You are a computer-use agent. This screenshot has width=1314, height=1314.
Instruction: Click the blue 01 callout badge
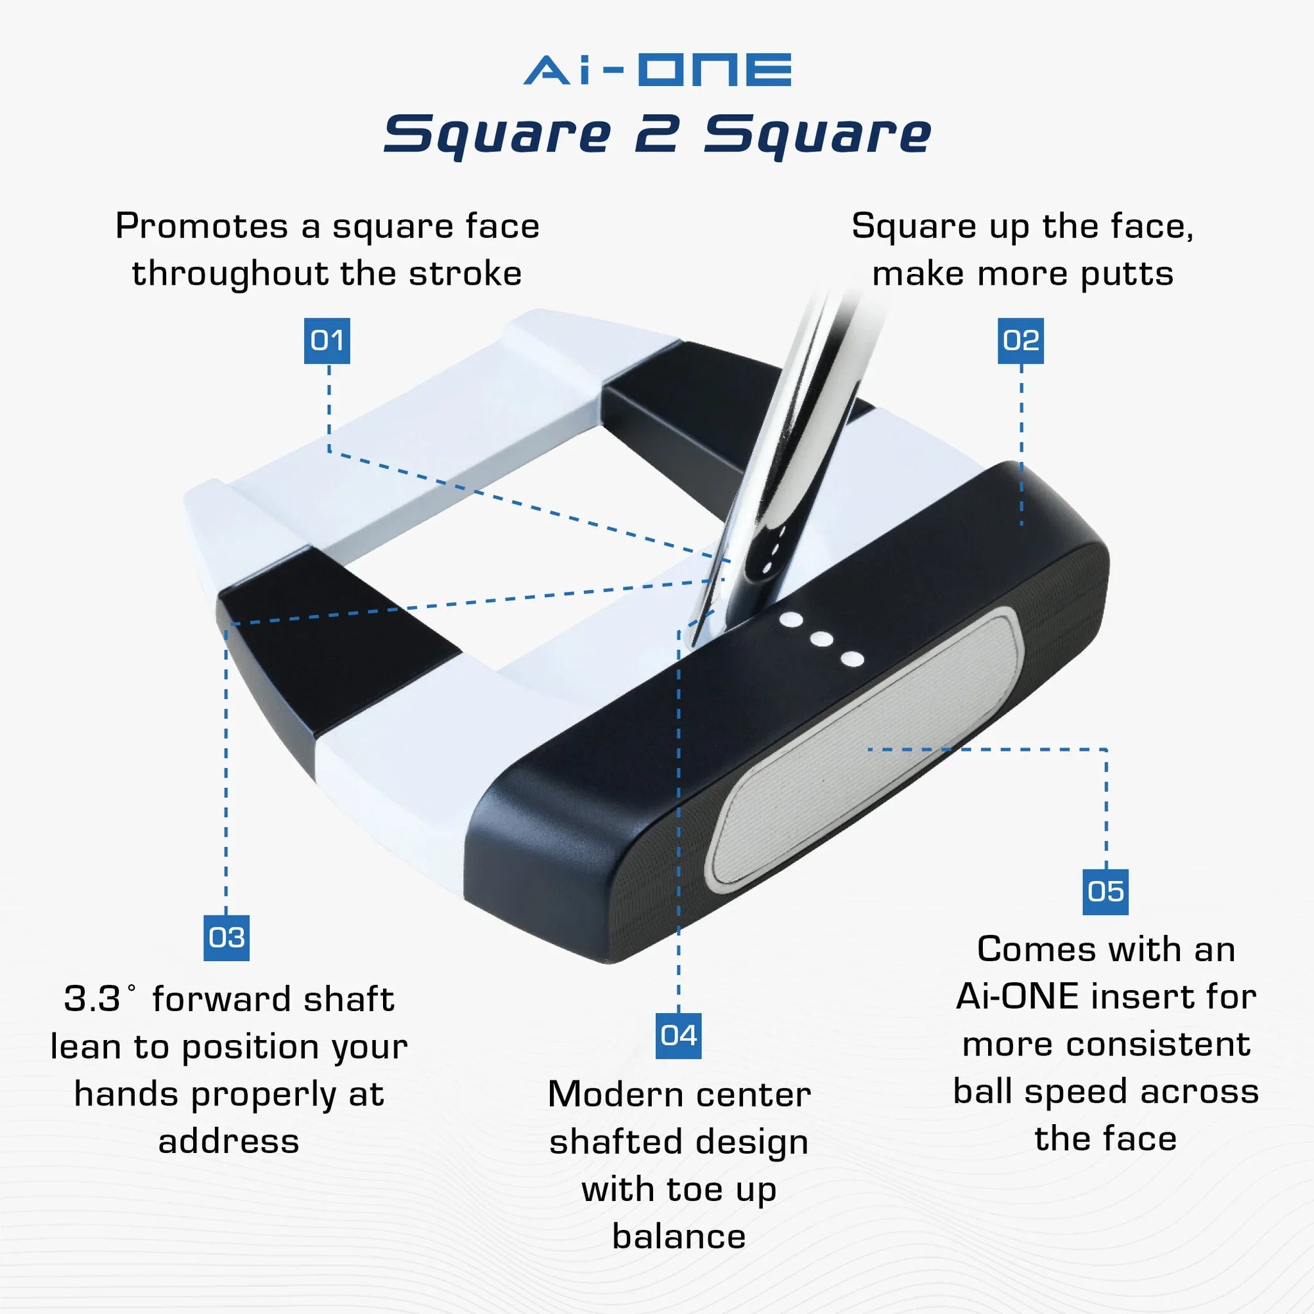pos(327,340)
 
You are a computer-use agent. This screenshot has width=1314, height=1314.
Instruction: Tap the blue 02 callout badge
pos(1020,340)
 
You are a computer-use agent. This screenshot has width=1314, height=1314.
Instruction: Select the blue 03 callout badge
pos(226,938)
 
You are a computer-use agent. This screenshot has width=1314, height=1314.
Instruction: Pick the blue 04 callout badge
pos(678,1035)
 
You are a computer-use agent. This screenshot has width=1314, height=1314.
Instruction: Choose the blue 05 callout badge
pos(1105,892)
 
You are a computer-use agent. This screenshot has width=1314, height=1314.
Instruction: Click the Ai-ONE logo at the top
pos(657,70)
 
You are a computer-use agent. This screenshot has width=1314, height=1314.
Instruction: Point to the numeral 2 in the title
pos(656,134)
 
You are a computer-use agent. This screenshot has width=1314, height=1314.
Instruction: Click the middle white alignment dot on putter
pos(822,639)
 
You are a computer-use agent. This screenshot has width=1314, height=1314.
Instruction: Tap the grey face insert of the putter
pos(864,748)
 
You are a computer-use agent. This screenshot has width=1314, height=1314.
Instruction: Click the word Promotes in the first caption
pos(201,226)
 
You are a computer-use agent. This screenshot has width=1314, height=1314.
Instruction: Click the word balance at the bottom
pos(678,1236)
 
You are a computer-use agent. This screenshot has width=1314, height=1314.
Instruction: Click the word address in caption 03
pos(228,1142)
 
